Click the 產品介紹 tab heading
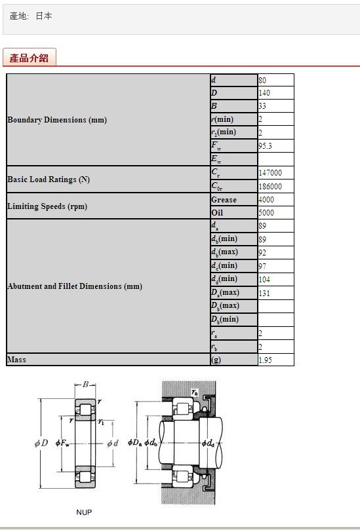tap(29, 58)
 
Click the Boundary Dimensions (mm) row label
tap(57, 120)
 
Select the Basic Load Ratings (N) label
tap(49, 180)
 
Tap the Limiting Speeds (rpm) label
tap(47, 206)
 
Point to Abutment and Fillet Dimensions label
tap(75, 286)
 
